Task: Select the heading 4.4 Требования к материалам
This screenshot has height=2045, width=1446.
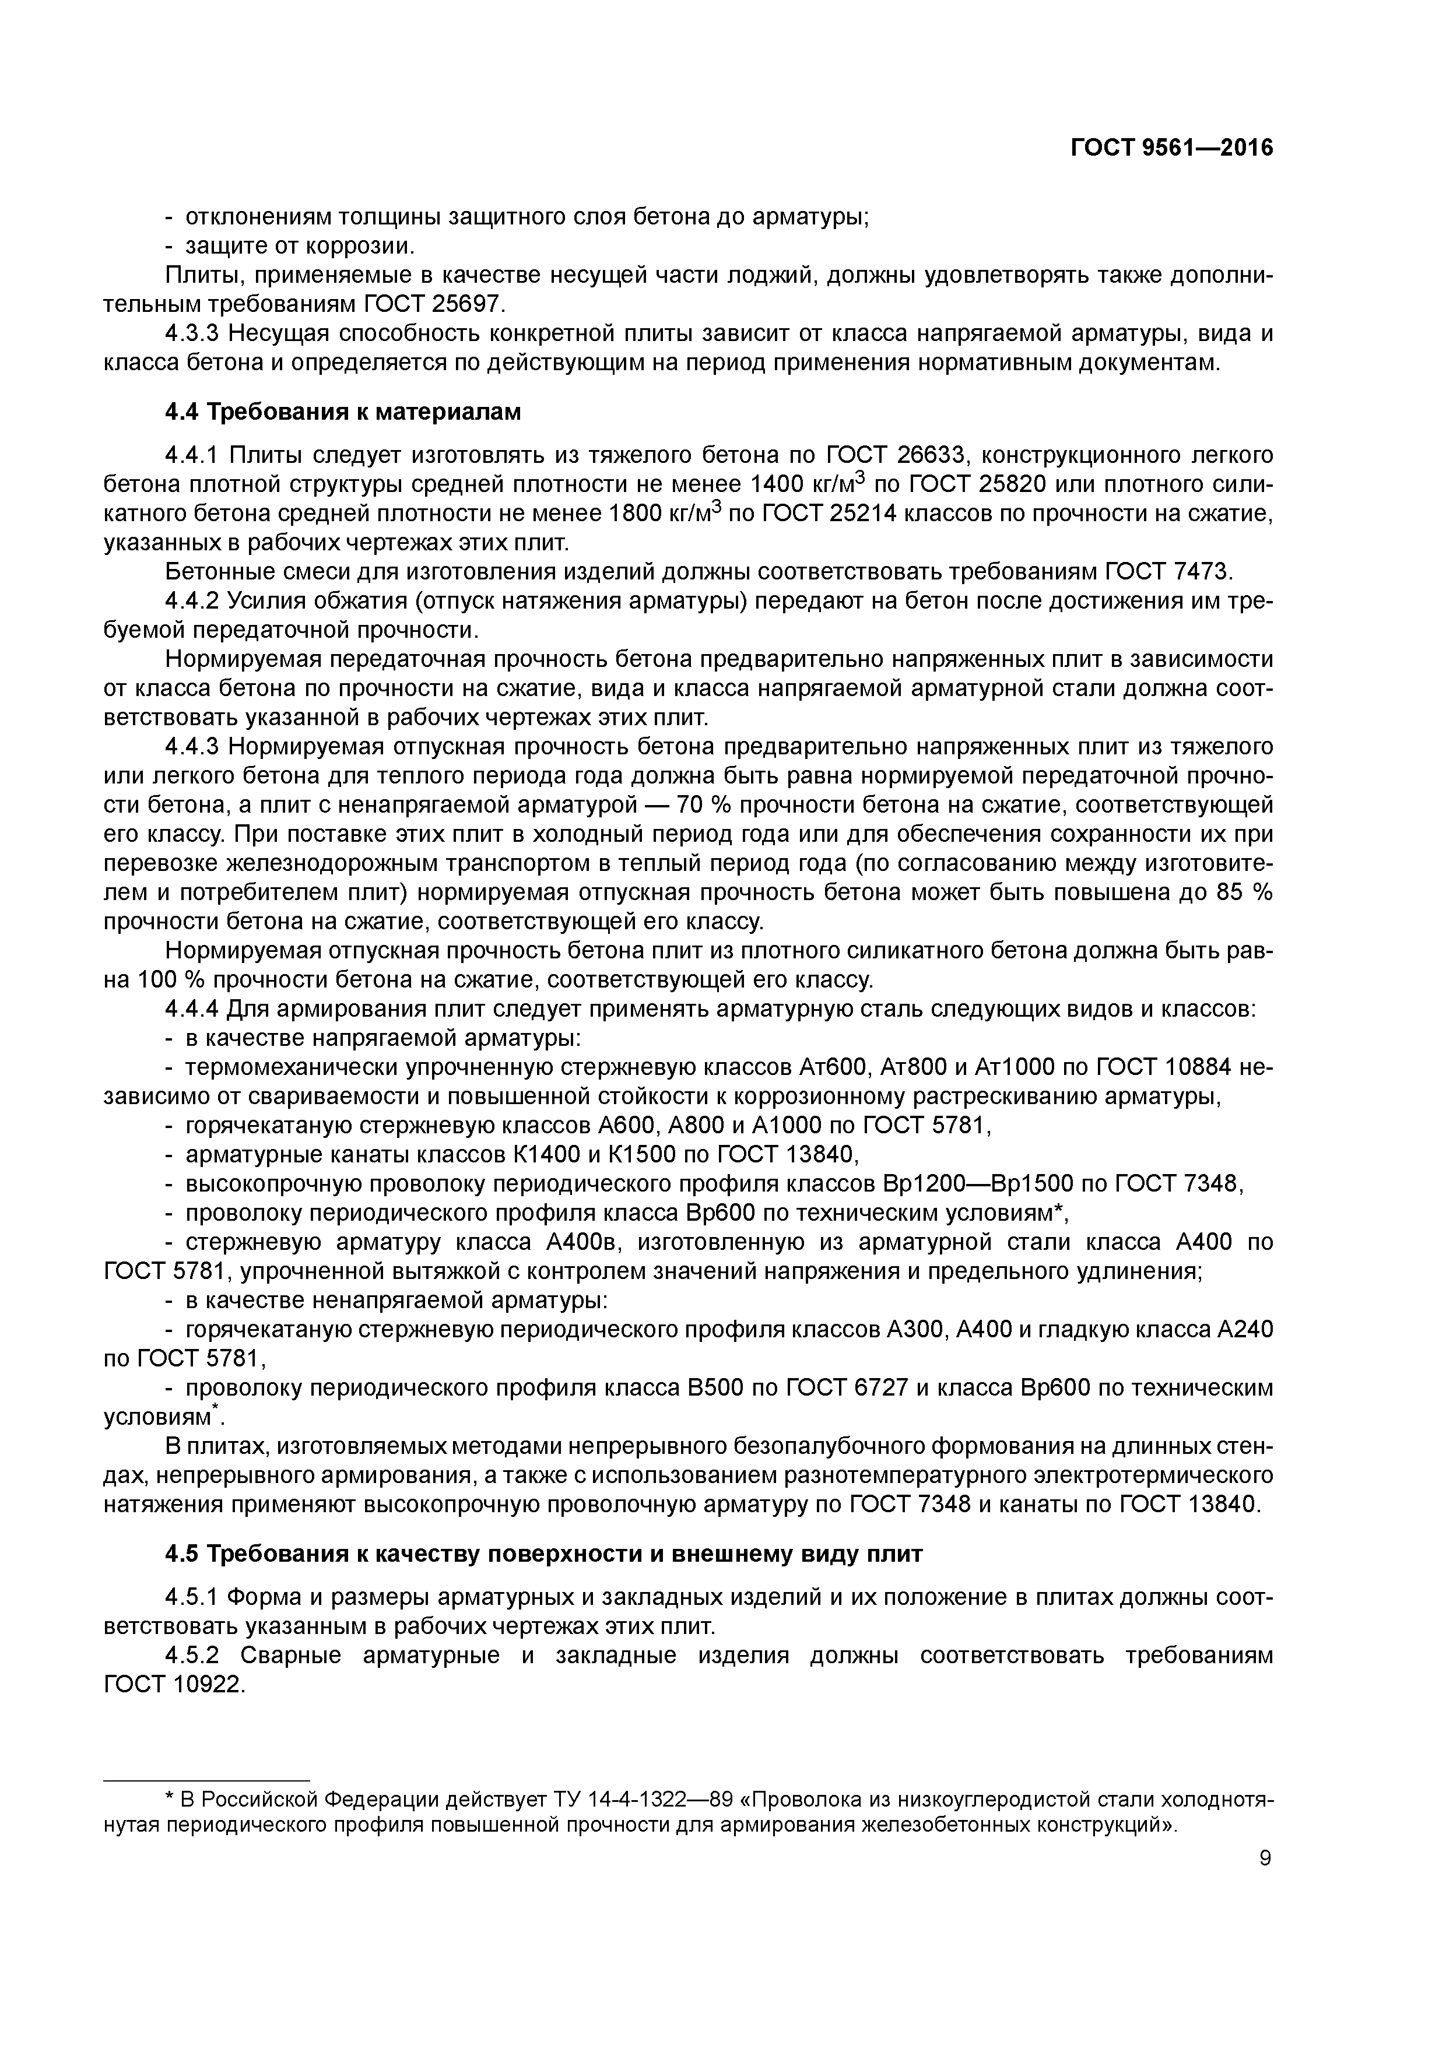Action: [343, 412]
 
